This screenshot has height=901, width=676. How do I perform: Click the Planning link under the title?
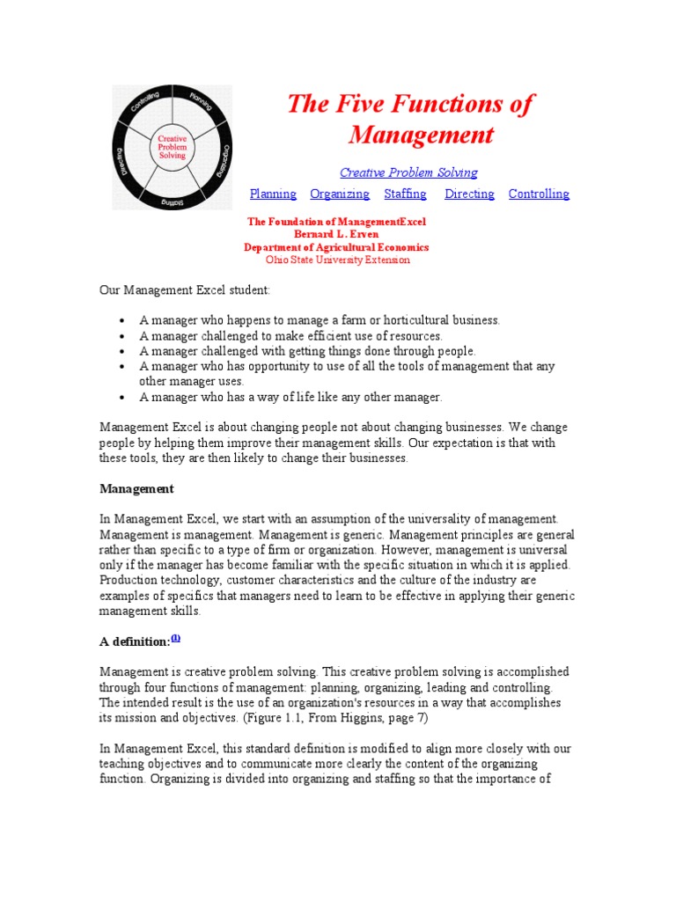tap(273, 194)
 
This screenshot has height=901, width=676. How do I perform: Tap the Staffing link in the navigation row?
tap(405, 194)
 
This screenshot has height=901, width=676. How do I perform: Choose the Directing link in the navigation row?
tap(469, 194)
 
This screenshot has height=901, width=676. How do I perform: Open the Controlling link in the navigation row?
tap(539, 194)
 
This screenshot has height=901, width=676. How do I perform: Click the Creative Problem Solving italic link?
tap(408, 172)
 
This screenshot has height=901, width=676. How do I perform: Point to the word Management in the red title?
tap(421, 135)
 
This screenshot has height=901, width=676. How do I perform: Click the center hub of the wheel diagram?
tap(172, 147)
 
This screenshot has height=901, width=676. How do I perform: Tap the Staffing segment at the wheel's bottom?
tap(171, 201)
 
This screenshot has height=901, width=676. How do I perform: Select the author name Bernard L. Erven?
tap(335, 235)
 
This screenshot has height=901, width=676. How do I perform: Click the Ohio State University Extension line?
tap(337, 260)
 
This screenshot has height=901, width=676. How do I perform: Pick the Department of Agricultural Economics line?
tap(336, 247)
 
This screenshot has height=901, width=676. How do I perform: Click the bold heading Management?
tap(136, 488)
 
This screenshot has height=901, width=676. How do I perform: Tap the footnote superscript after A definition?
tap(175, 639)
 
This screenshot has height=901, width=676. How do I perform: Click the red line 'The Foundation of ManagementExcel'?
tap(336, 223)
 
